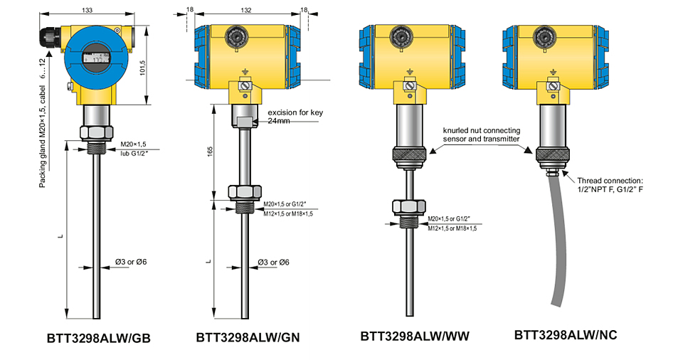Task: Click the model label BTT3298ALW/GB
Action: (98, 338)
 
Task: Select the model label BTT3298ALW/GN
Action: (248, 338)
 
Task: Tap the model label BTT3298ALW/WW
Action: (415, 336)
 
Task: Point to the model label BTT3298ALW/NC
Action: (566, 334)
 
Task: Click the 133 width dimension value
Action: (87, 10)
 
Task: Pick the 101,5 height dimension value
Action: (142, 68)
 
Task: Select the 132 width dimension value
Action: (247, 10)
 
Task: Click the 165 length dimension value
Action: (211, 152)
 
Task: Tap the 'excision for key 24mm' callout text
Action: (295, 117)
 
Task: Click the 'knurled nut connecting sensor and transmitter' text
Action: (482, 134)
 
